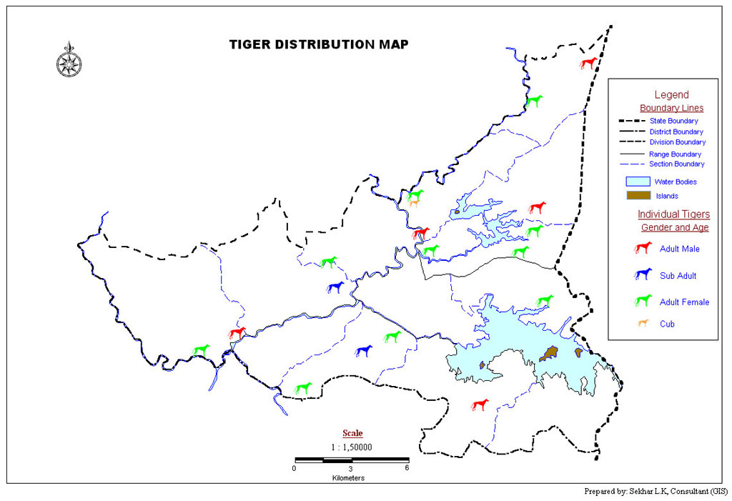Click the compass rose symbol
pyautogui.click(x=69, y=61)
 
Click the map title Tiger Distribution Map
pyautogui.click(x=319, y=44)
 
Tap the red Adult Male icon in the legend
pyautogui.click(x=643, y=248)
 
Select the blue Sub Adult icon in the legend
pyautogui.click(x=643, y=274)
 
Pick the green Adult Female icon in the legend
pyautogui.click(x=643, y=301)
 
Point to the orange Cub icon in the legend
pyautogui.click(x=643, y=324)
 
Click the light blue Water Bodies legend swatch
pyautogui.click(x=638, y=182)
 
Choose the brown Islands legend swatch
pyautogui.click(x=638, y=195)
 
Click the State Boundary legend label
pyautogui.click(x=673, y=121)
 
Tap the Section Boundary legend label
pyautogui.click(x=676, y=164)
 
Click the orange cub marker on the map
pyautogui.click(x=414, y=203)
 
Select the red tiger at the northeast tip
pyautogui.click(x=588, y=63)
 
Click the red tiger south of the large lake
pyautogui.click(x=480, y=405)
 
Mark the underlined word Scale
pyautogui.click(x=352, y=433)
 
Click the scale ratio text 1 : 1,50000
pyautogui.click(x=351, y=447)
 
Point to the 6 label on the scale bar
pyautogui.click(x=407, y=469)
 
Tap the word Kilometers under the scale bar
pyautogui.click(x=348, y=477)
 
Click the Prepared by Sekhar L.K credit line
pyautogui.click(x=656, y=491)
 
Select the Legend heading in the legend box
pyautogui.click(x=671, y=94)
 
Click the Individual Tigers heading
pyautogui.click(x=673, y=214)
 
